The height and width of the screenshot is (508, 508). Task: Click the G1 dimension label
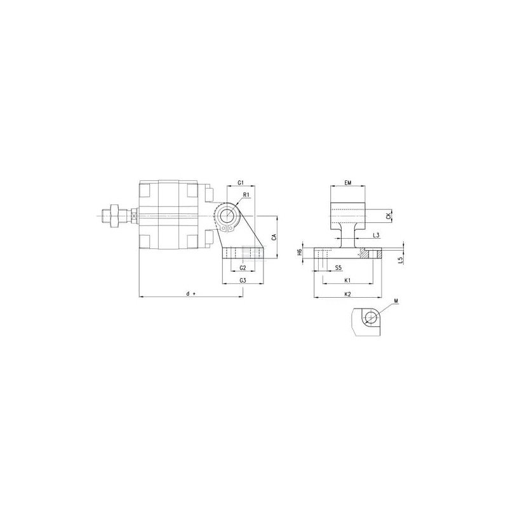(241, 183)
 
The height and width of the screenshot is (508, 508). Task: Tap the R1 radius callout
(246, 195)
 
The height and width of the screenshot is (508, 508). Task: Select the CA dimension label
(274, 237)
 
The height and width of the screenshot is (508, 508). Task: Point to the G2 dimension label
(243, 267)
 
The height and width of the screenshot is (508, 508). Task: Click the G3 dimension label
(243, 281)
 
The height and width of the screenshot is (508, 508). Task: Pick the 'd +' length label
(191, 293)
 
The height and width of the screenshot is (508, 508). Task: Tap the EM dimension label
(347, 183)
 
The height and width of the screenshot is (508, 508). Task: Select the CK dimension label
(389, 216)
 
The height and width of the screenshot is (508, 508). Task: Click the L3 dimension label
(376, 235)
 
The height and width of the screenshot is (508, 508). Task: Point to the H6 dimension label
(300, 252)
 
